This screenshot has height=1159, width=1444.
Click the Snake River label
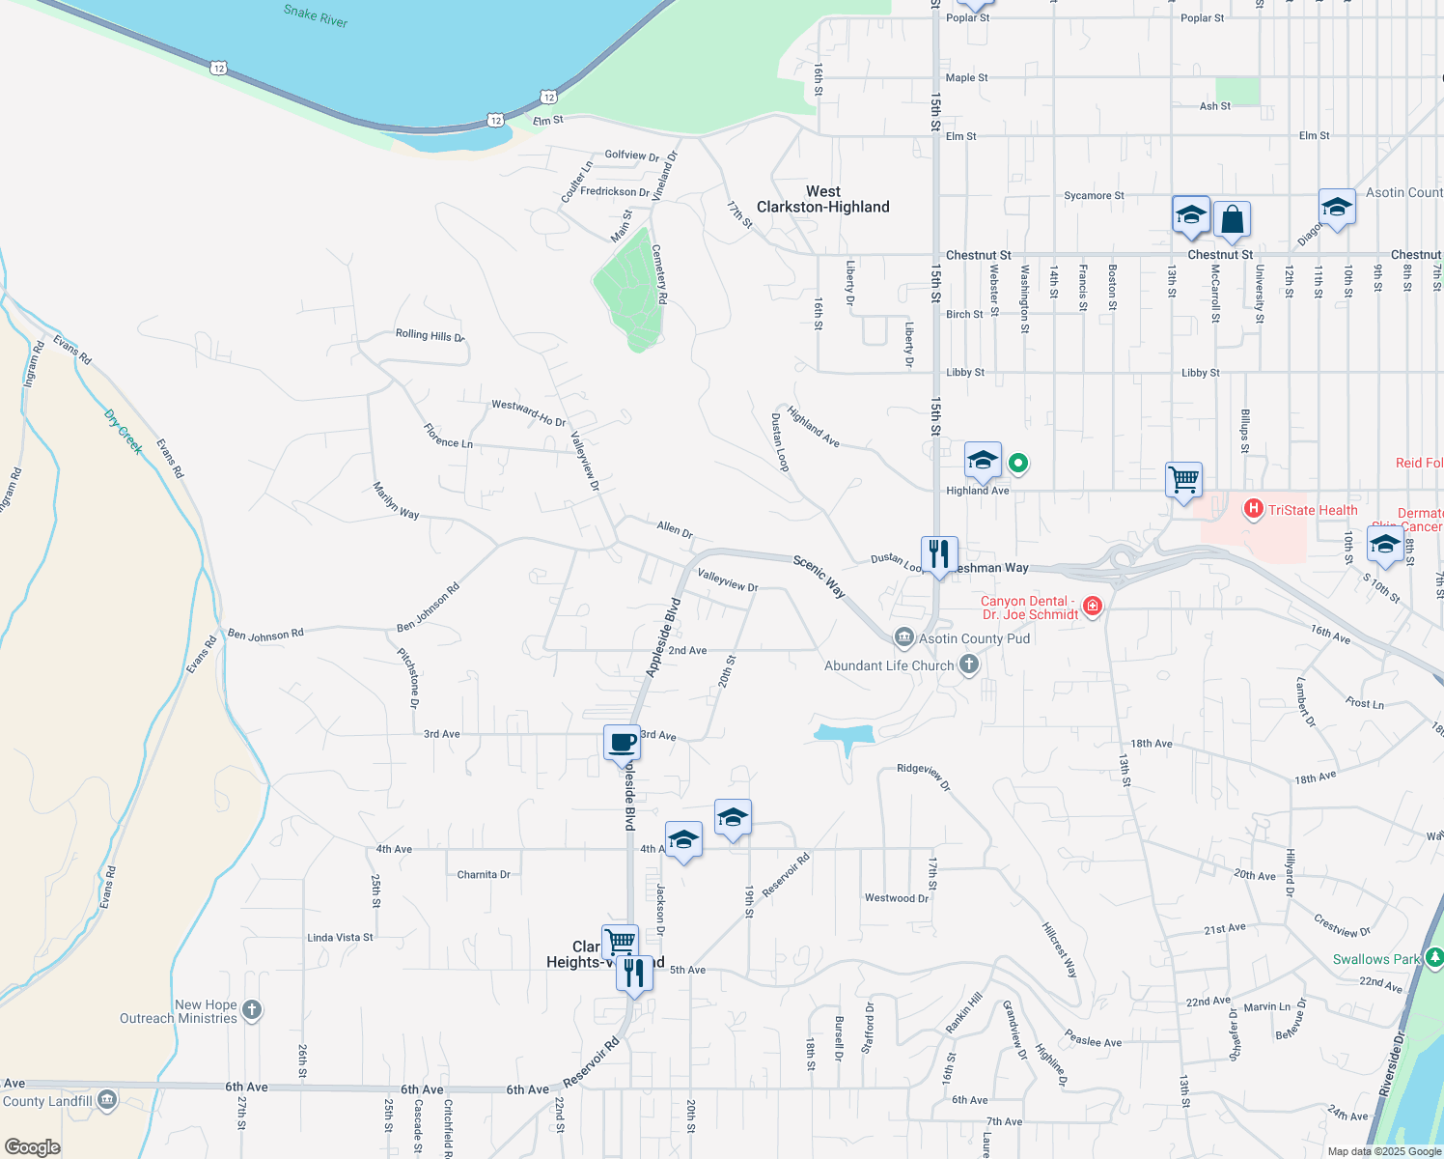[316, 15]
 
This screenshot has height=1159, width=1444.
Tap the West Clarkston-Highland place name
[822, 199]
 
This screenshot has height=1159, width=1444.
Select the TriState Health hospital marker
[1254, 508]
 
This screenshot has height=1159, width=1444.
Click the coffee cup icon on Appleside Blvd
[622, 743]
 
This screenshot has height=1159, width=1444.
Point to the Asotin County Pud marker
[903, 636]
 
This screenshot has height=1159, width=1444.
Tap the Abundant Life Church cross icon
[969, 664]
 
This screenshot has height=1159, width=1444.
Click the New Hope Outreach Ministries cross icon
[252, 1010]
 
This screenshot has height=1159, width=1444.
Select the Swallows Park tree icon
[1434, 957]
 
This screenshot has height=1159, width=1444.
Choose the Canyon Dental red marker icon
[1093, 606]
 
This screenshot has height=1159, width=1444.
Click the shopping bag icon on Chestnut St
[1233, 219]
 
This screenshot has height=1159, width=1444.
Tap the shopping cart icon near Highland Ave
[1183, 479]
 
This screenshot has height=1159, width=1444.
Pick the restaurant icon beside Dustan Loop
[939, 554]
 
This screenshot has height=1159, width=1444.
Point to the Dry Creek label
[124, 432]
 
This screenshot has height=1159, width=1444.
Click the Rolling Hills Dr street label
[430, 335]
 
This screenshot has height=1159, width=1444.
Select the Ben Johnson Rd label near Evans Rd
[265, 635]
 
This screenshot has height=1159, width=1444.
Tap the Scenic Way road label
[819, 576]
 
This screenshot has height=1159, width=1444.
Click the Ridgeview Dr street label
[924, 777]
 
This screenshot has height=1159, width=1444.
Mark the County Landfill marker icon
[107, 1099]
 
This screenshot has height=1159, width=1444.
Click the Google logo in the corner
[32, 1147]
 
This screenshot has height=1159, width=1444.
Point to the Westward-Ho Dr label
[528, 413]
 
